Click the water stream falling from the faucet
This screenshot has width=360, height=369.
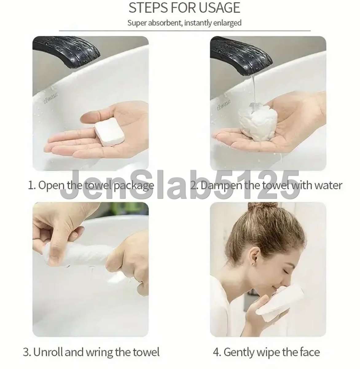tap(253, 89)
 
